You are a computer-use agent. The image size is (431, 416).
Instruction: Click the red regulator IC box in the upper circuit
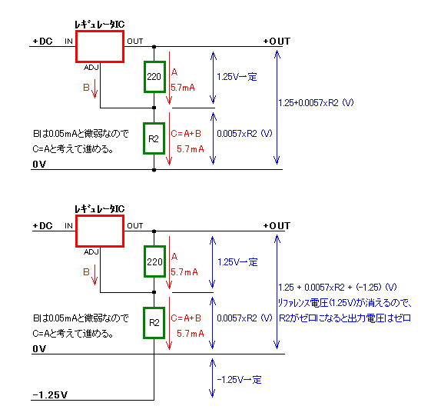coord(76,46)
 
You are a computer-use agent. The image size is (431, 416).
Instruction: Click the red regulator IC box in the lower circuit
coord(76,231)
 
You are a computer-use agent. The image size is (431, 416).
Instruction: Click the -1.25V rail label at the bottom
coord(50,395)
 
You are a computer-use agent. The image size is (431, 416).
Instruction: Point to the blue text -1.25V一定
coord(239,380)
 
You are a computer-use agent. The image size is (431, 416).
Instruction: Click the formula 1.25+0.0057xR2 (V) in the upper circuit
coord(316,103)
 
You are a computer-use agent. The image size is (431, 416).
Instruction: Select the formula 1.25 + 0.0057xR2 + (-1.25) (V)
coord(337,288)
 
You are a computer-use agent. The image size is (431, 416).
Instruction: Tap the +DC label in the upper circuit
coord(42,42)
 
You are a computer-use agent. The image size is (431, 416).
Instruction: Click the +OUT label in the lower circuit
coord(277,226)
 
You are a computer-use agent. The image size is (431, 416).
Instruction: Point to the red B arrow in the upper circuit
coord(94,88)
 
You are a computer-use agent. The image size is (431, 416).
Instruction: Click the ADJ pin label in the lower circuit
coord(91,252)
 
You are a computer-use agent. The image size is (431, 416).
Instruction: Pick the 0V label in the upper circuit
coord(39,165)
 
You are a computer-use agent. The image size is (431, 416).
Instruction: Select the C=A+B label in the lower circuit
coord(186,318)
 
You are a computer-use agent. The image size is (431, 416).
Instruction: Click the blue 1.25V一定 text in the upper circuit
coord(237,77)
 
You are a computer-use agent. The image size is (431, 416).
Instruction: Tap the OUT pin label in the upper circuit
coord(135,42)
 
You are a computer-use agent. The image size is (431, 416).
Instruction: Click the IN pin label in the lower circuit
coord(68,226)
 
